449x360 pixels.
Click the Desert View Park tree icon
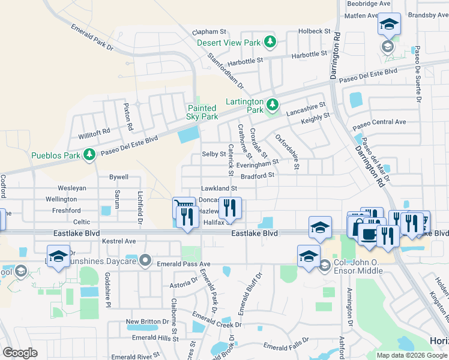[271, 42]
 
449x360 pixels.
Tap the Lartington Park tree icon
[273, 106]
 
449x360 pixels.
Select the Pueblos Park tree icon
[89, 155]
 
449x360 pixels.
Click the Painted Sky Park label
[202, 112]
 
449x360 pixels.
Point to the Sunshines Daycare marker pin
[145, 260]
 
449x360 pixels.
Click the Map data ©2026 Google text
[412, 355]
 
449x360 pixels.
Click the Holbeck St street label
[315, 31]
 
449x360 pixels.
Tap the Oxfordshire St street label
[288, 151]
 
